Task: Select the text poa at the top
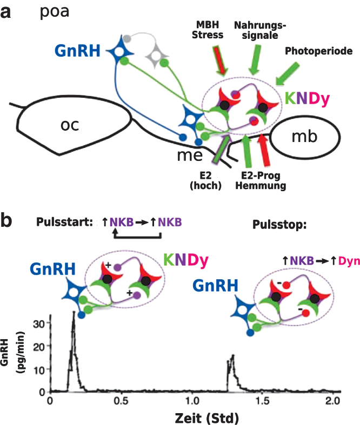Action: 55,11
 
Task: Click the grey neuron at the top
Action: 157,53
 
